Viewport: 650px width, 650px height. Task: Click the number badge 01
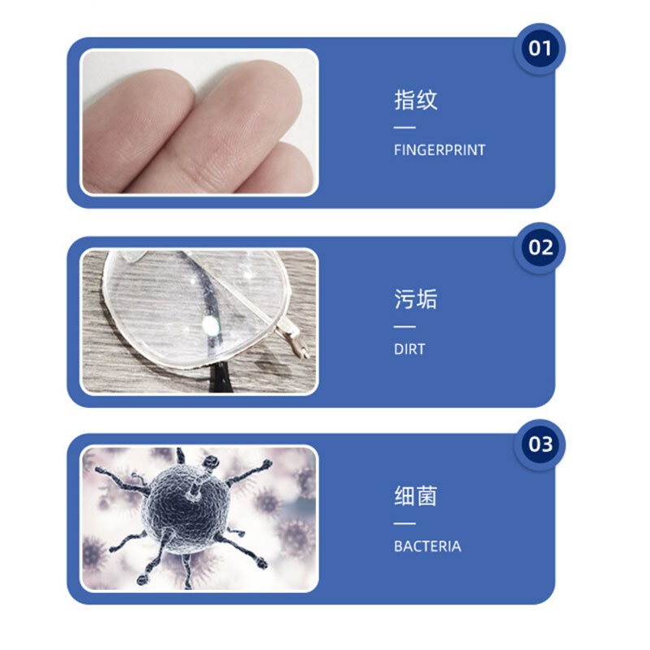point(539,49)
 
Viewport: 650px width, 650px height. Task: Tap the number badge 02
point(539,248)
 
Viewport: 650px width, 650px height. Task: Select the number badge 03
point(539,444)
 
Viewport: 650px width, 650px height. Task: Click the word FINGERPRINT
point(440,150)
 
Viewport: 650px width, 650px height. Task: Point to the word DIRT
point(409,349)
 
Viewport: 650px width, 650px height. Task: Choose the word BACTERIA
point(427,546)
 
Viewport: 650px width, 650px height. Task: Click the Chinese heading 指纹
point(415,100)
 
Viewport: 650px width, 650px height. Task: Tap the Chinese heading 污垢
point(415,299)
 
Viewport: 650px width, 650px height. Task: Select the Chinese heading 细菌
point(415,496)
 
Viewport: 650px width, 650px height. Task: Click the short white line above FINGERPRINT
point(405,128)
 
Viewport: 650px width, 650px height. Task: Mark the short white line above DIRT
point(405,327)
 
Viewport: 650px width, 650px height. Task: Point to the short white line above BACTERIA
point(405,523)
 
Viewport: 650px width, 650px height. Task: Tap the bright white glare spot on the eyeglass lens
point(210,326)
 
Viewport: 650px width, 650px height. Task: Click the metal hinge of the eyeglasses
point(293,339)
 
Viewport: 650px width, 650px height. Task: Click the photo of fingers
point(199,122)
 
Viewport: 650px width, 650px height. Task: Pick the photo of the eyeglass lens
point(199,321)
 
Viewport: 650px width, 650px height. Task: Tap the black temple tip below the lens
point(219,376)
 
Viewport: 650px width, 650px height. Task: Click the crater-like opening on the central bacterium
point(194,492)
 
